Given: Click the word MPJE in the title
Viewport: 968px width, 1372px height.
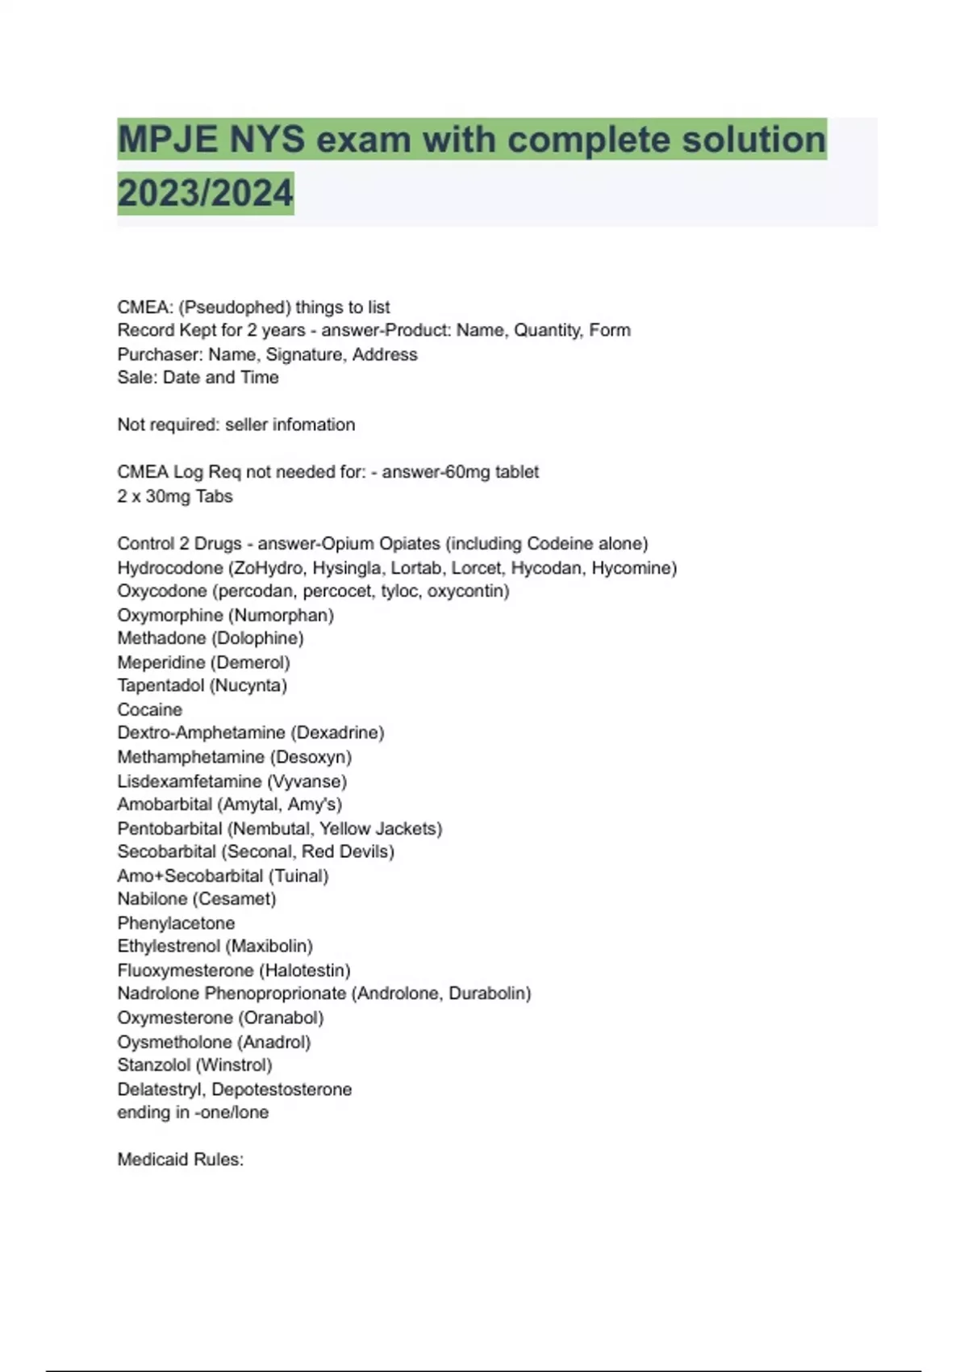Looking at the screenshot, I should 169,140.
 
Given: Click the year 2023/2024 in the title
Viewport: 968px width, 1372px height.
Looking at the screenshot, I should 205,193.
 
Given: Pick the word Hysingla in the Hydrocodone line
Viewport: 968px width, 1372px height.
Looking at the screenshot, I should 347,568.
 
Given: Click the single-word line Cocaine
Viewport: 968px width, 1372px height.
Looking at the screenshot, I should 150,709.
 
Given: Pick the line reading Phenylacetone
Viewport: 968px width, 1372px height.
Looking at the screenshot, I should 176,923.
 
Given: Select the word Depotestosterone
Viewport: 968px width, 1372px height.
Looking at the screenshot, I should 282,1090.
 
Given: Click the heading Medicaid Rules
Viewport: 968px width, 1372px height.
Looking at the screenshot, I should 180,1160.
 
